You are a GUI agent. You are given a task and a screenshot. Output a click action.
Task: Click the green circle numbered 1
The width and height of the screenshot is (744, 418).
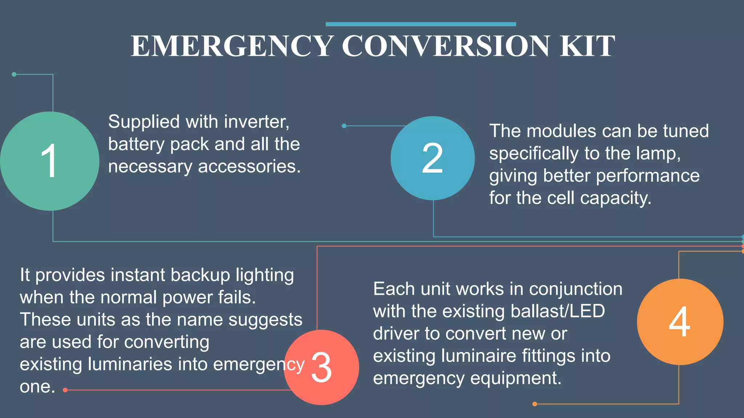(49, 161)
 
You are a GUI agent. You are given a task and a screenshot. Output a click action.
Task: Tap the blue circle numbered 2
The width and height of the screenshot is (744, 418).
(432, 158)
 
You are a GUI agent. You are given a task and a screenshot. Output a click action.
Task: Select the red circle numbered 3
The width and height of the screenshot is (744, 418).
(322, 367)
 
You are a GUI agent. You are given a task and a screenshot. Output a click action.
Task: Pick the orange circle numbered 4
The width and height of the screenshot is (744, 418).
(680, 322)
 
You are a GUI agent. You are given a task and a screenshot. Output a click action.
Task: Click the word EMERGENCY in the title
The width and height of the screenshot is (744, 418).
(232, 46)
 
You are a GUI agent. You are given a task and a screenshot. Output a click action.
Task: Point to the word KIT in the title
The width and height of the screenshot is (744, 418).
(587, 46)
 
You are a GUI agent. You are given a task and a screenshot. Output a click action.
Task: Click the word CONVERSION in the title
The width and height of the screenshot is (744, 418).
(446, 46)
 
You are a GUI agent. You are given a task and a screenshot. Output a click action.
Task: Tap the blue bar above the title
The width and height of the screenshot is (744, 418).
(421, 24)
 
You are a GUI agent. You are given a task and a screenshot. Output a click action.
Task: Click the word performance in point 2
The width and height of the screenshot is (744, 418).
(648, 176)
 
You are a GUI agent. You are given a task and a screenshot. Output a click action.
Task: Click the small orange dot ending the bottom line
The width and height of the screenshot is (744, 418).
(534, 404)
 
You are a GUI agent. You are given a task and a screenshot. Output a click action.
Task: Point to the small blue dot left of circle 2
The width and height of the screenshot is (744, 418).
(344, 126)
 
